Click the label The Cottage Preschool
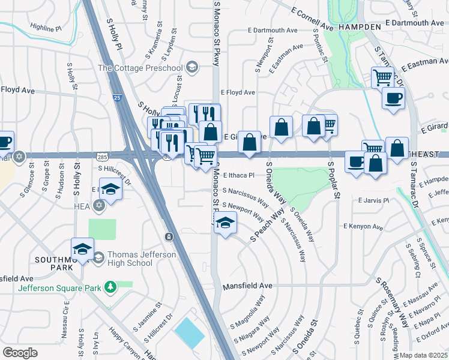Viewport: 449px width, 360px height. pos(141,68)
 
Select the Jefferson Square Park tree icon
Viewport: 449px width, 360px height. pos(110,287)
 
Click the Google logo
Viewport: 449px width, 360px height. pos(20,352)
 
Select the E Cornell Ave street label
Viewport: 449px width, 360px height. pos(312,19)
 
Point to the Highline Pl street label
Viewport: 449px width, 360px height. pos(46,28)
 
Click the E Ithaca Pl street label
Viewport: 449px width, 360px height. pos(239,176)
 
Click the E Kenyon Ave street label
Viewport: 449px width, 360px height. pos(363,226)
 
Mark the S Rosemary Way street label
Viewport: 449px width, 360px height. pos(393,302)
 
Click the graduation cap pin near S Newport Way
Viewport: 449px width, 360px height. pos(225,223)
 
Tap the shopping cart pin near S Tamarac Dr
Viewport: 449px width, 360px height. pos(382,78)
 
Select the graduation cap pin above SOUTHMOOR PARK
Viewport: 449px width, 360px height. pos(82,248)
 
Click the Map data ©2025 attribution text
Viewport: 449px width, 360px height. pos(424,355)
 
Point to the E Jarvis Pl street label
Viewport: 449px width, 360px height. pos(373,200)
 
